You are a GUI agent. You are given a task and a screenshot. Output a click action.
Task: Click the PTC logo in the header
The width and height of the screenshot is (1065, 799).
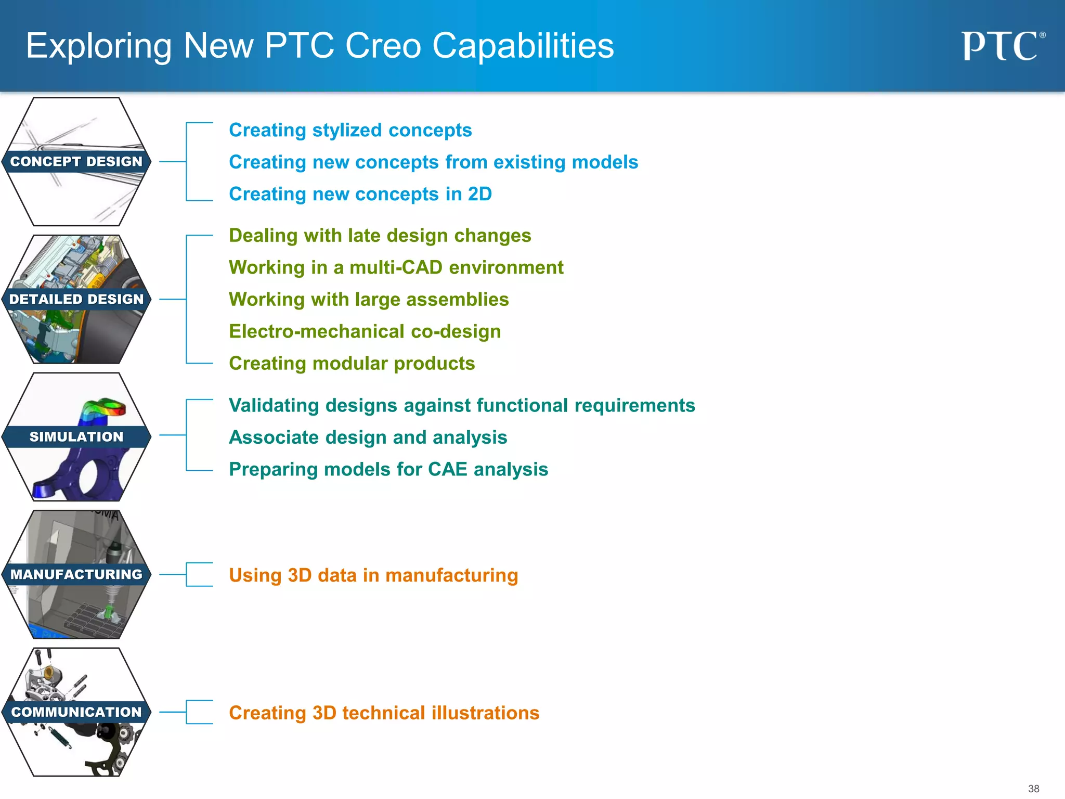point(1002,46)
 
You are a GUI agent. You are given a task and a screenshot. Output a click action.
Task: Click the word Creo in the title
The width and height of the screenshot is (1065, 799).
point(383,46)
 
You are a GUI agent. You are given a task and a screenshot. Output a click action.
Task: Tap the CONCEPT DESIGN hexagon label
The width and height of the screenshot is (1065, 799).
point(76,162)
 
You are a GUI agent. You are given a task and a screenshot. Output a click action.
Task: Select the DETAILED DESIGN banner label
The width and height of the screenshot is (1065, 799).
point(76,299)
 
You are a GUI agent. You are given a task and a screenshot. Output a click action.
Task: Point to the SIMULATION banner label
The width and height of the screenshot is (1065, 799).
point(76,437)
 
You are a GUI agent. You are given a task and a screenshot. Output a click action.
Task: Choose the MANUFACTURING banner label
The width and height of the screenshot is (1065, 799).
point(76,574)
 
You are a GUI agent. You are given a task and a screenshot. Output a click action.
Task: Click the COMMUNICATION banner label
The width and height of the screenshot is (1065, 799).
point(76,712)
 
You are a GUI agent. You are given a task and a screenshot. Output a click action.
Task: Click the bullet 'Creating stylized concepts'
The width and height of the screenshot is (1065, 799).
point(350,130)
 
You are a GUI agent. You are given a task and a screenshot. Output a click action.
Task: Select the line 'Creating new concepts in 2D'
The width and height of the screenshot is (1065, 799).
point(360,194)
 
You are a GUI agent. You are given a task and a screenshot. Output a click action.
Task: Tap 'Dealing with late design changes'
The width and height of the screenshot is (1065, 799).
point(380,236)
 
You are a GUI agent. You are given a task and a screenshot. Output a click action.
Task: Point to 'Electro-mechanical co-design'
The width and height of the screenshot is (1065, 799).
point(365,331)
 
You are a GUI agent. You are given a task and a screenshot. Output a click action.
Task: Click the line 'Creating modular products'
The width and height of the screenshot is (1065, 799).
point(352,363)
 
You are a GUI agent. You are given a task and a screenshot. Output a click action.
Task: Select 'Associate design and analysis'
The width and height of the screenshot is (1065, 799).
point(368,437)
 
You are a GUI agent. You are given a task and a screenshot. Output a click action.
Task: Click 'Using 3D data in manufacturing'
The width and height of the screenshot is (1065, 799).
point(373,575)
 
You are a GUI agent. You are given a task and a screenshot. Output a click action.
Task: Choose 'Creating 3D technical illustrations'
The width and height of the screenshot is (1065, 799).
point(384,713)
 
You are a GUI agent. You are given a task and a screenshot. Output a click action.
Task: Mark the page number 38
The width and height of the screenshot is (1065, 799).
point(1033,789)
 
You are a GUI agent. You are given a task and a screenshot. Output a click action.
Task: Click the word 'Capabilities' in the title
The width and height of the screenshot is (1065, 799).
point(523,46)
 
